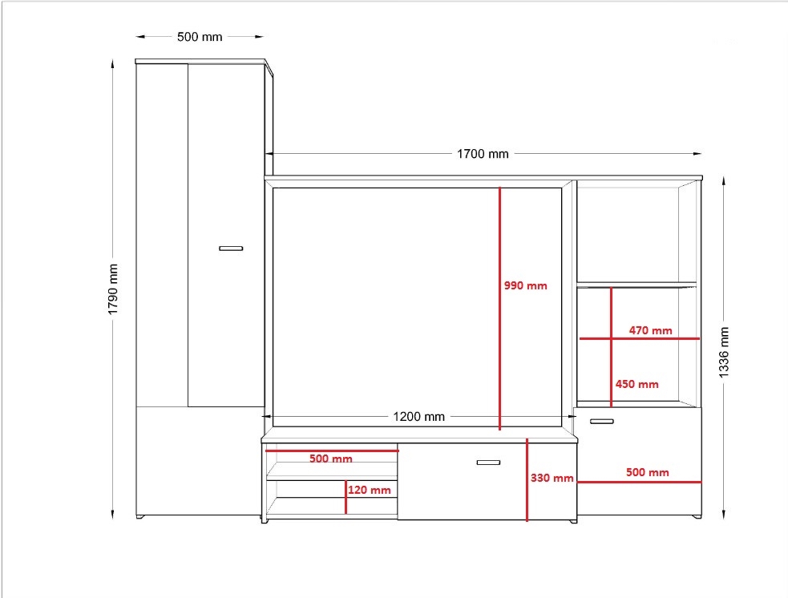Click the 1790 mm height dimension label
113,289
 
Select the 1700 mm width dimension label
483,154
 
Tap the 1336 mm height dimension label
724,352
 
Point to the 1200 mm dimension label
418,417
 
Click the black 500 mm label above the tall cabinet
200,37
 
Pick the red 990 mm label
526,285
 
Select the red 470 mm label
650,330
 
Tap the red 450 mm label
636,385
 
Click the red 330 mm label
552,478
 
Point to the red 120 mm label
370,490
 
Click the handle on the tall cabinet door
231,248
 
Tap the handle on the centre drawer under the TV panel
488,463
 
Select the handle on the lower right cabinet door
601,421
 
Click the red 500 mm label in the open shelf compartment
331,459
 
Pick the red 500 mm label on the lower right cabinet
647,472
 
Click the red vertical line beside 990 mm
499,309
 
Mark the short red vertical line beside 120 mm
346,497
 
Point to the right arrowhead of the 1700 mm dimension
697,154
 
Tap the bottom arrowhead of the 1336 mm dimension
724,514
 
